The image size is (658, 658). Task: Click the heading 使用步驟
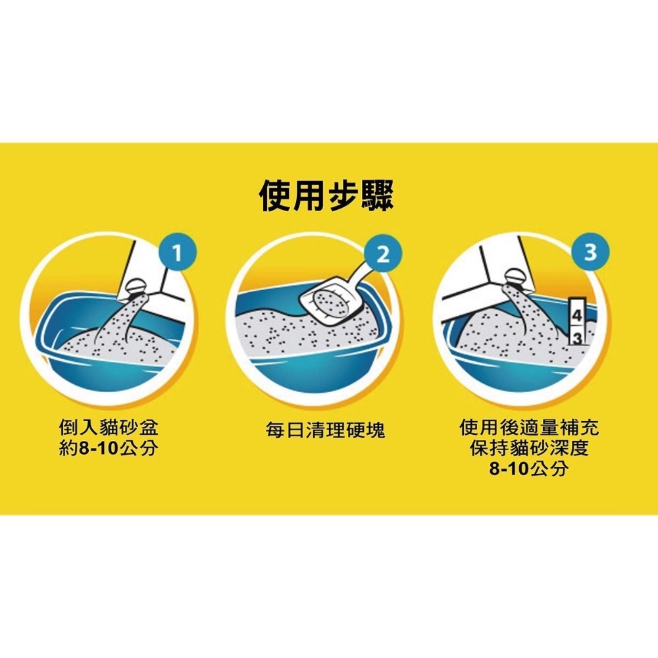(326, 196)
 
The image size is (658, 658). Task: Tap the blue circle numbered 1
(177, 253)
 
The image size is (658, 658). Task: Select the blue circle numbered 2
(383, 254)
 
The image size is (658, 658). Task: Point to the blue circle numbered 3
(590, 253)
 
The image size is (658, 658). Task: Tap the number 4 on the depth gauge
(577, 316)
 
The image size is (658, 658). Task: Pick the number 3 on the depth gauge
(578, 338)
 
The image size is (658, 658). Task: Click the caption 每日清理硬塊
(325, 430)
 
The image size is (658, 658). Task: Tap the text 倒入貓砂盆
(109, 428)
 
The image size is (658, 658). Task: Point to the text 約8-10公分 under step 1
(109, 448)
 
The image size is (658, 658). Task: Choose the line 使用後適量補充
(529, 428)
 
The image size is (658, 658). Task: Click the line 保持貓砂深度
(529, 447)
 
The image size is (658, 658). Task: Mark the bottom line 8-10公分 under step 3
(529, 468)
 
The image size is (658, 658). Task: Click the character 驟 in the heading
(378, 196)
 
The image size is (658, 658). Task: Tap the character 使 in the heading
(275, 196)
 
